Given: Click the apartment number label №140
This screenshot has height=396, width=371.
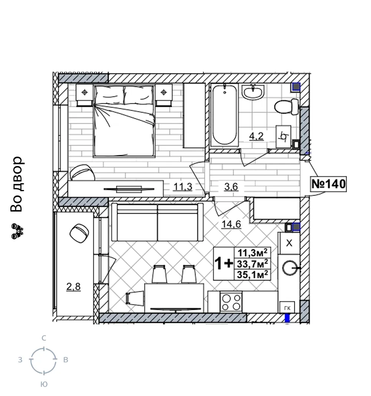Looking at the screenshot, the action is pos(328,184).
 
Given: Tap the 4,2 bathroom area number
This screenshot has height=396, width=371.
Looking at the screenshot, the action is pos(256,136).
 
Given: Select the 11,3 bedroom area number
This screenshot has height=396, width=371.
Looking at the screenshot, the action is pos(183,187).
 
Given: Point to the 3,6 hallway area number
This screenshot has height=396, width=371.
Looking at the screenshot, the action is pos(231,187).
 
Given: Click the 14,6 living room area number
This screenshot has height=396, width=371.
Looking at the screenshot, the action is pos(231,224).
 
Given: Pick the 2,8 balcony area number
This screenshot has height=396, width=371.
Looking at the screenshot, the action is pos(73,287).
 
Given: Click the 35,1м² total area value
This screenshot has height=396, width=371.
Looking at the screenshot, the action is pos(252,275).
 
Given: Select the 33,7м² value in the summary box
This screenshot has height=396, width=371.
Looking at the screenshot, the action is pos(252,264).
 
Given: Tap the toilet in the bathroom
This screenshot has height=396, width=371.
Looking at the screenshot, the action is pos(287,107).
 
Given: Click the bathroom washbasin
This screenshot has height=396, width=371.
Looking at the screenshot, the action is pos(253,91).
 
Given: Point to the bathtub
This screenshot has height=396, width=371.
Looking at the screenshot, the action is pos(224,115).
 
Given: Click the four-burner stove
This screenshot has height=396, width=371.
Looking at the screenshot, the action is pos(231,302).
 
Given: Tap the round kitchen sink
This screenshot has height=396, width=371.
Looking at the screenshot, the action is pos(290,268).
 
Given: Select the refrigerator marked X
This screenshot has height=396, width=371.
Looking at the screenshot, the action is pos(289,243).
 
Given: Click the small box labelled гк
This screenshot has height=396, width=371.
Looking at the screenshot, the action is pos(287,308).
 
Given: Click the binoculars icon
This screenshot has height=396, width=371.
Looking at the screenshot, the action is pos(17,231).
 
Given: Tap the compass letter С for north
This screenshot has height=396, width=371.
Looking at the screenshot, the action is pos(44,338).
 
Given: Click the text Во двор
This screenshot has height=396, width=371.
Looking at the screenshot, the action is pos(17,184).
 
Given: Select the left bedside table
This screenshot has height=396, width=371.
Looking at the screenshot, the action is pos(85,95).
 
